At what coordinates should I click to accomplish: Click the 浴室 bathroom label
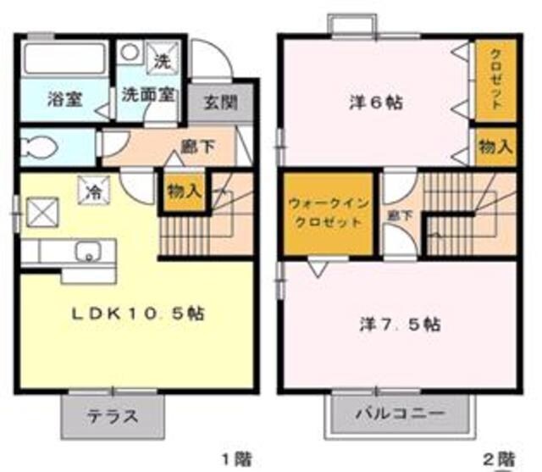(x=64, y=97)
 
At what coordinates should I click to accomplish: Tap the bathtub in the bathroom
(x=63, y=60)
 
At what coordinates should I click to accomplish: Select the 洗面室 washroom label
(x=147, y=95)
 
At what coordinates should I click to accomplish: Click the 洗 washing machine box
(x=162, y=59)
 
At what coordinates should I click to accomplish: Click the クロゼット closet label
(x=495, y=81)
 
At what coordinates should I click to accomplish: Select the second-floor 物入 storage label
(x=495, y=145)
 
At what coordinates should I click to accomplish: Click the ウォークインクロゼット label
(x=326, y=214)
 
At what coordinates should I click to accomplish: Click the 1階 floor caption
(x=235, y=458)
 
